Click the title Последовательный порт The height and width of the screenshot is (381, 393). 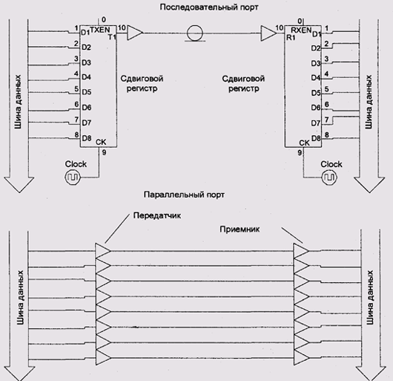coord(209,7)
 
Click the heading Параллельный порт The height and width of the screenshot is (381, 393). coord(184,195)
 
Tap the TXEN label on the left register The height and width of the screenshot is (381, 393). coord(100,30)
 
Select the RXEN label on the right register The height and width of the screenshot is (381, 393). coord(301,30)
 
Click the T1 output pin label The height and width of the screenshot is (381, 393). coord(112,37)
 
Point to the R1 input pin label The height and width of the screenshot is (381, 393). coord(291,38)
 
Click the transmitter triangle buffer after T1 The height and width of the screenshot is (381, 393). coord(135,33)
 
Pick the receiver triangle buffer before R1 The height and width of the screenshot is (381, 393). coord(268,33)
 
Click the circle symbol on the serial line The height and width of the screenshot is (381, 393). coord(195,33)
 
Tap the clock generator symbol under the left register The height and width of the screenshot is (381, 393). coord(73,178)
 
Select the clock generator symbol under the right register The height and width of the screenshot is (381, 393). coord(329,178)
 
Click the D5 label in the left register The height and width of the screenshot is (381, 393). coord(87,92)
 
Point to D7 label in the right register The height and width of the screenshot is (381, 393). coord(316,123)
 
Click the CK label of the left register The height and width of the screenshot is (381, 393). coord(101,142)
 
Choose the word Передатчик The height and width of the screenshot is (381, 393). coord(157,215)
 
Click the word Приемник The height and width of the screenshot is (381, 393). coord(240,229)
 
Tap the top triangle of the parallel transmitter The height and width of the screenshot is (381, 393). coord(103,251)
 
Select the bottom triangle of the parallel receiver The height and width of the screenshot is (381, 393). coord(302,357)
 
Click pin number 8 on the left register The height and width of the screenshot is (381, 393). coord(76,134)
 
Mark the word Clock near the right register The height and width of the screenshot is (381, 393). coord(331,164)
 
